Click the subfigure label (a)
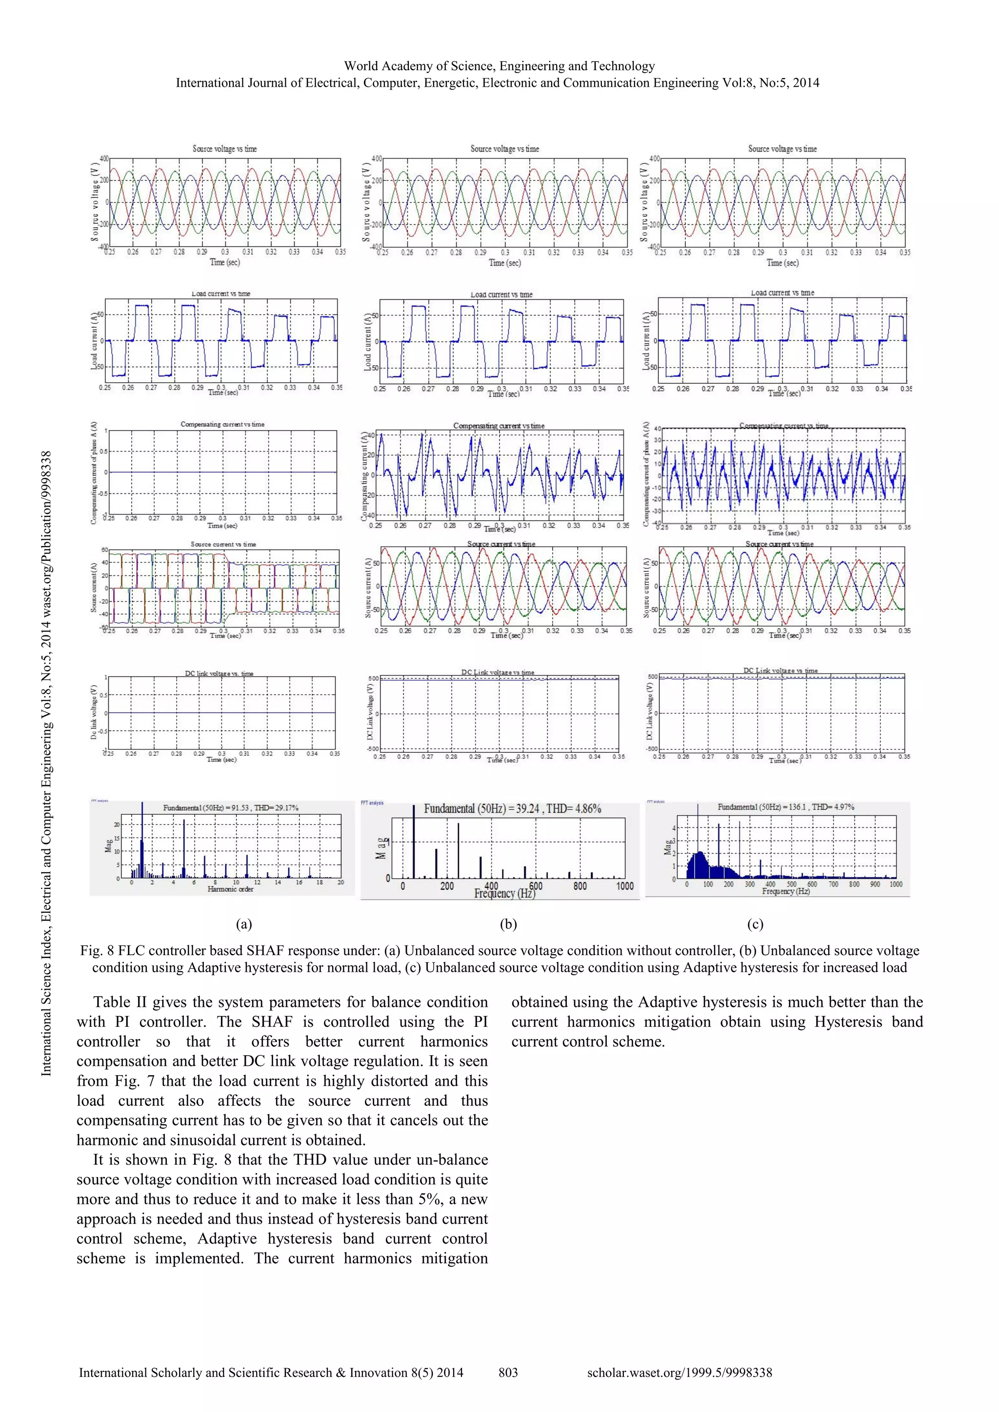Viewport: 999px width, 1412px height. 243,924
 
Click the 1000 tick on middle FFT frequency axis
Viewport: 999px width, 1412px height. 624,886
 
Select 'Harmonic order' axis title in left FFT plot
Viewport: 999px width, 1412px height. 230,889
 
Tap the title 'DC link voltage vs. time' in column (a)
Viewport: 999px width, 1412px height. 219,673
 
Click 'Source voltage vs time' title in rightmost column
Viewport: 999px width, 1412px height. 782,149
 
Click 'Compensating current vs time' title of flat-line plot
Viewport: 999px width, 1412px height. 222,424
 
